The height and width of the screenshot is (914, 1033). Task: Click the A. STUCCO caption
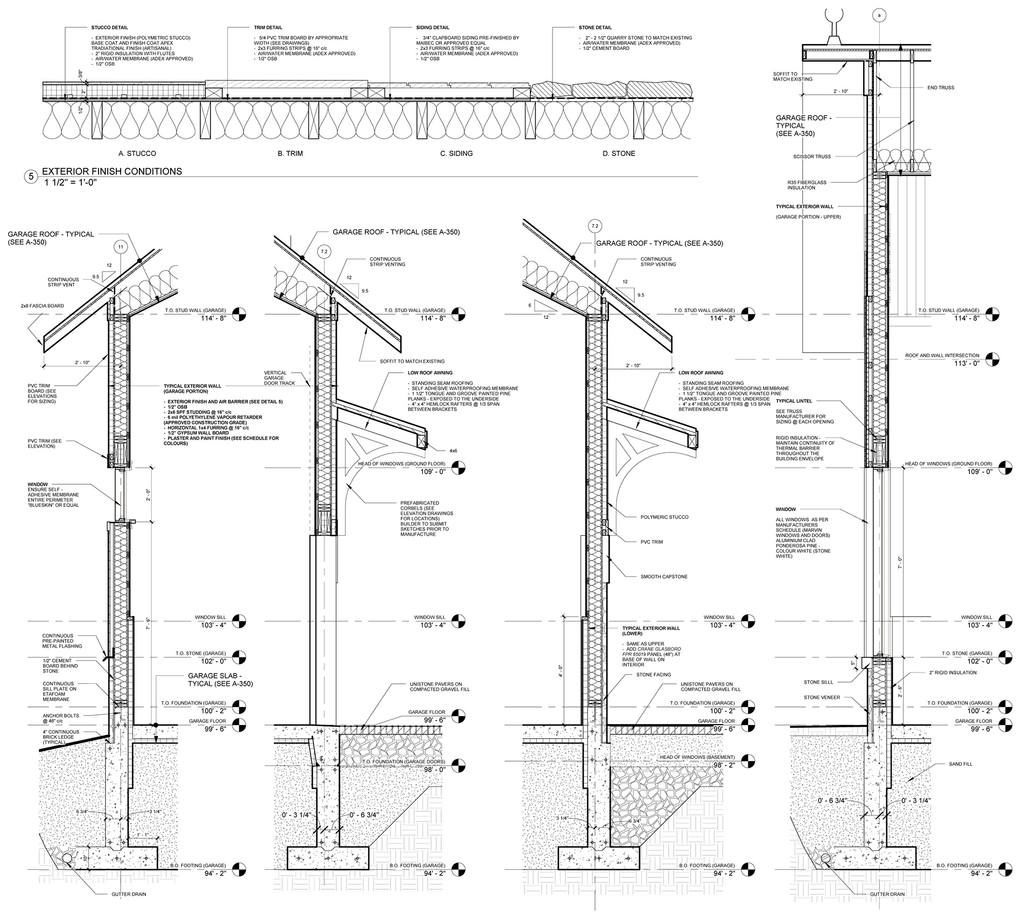137,154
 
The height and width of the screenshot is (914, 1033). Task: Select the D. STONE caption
619,154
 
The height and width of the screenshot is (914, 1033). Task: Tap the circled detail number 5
31,176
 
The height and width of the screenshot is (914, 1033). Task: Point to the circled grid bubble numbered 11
121,247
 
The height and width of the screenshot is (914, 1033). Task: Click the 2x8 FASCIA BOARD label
43,306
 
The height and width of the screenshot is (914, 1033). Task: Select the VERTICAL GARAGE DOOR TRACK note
275,378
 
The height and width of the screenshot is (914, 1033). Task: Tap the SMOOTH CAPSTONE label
664,577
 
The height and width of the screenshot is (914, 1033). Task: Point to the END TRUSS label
941,88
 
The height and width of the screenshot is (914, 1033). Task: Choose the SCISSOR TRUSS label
812,157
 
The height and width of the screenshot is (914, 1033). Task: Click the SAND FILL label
961,764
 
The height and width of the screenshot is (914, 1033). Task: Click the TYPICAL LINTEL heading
794,401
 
